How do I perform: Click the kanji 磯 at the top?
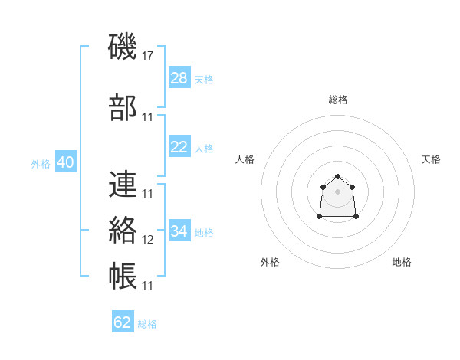[x=123, y=46]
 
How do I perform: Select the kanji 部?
[x=123, y=107]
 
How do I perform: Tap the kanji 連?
[x=123, y=184]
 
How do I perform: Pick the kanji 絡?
[x=123, y=230]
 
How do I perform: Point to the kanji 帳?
[x=123, y=276]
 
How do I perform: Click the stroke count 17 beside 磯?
[x=147, y=56]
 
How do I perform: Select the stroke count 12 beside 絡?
[x=147, y=240]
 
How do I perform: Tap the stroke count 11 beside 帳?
[x=147, y=286]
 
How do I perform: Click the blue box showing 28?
[x=179, y=77]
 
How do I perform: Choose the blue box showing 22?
[x=179, y=146]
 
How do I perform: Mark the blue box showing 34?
[x=179, y=230]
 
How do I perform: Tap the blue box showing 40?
[x=66, y=162]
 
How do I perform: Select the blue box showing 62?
[x=123, y=321]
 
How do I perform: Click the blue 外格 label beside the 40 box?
[x=41, y=164]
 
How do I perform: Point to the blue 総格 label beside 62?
[x=147, y=324]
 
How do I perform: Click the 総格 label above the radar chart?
[x=338, y=100]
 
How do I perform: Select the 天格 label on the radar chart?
[x=431, y=159]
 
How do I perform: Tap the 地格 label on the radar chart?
[x=402, y=262]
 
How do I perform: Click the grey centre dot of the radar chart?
[x=337, y=191]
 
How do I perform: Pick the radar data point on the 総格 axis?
[x=337, y=176]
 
